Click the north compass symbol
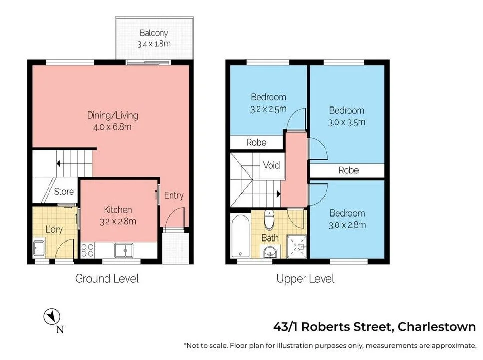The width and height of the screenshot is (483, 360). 52,317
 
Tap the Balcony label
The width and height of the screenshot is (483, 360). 154,33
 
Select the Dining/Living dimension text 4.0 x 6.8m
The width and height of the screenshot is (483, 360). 112,127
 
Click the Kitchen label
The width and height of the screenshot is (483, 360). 118,210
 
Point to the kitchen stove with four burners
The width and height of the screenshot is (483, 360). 88,250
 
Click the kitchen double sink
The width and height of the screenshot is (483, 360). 123,250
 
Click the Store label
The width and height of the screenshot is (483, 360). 64,191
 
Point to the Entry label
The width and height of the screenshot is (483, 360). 174,196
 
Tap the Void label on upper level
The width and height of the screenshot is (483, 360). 271,165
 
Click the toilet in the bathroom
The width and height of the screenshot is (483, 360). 270,219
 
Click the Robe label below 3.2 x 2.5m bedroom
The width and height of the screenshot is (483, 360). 257,143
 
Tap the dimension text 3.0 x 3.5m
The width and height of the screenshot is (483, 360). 347,122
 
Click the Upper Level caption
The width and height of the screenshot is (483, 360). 305,279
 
